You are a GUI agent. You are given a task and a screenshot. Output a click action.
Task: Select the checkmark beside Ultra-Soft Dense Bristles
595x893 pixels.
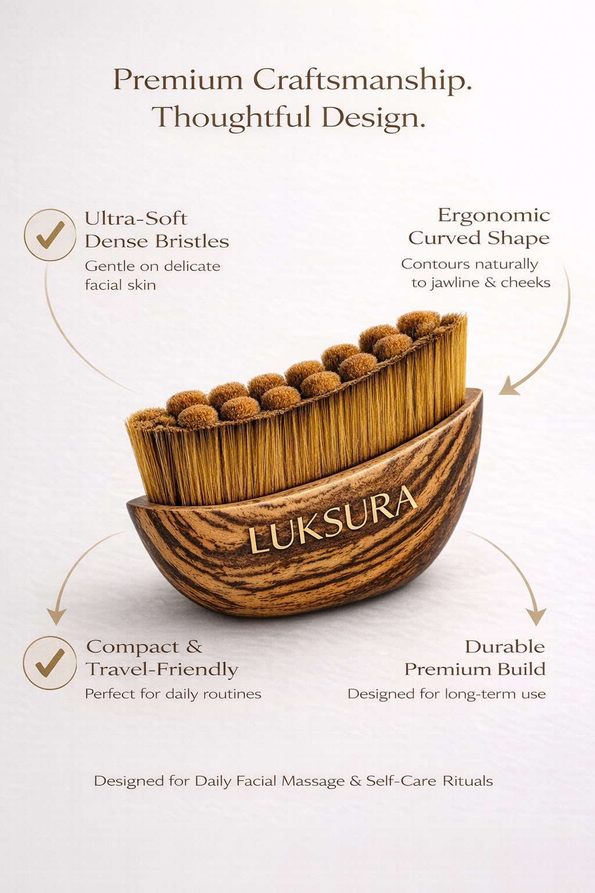pos(50,235)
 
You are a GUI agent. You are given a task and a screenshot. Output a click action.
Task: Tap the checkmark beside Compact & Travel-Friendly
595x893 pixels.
pos(50,663)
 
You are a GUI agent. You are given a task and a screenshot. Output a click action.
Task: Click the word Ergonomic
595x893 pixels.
pos(493,215)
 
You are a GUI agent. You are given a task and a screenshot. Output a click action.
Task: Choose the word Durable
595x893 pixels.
pos(504,646)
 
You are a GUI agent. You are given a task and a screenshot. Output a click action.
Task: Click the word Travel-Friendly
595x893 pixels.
pos(162,670)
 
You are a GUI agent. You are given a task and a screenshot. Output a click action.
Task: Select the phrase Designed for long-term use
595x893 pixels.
pos(446,694)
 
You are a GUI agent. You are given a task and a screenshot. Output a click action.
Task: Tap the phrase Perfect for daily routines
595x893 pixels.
pos(173,694)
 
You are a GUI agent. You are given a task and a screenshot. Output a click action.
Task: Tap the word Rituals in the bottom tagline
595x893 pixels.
pos(468,781)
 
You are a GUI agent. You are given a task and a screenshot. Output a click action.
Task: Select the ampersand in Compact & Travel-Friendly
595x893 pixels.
pos(194,646)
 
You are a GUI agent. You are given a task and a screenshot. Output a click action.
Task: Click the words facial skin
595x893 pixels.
pos(120,285)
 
